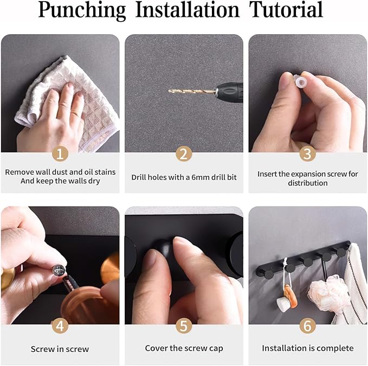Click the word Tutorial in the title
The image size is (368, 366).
click(286, 10)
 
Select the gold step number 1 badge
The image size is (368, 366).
click(60, 154)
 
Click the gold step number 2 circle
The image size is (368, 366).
click(184, 154)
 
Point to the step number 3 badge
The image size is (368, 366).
click(307, 154)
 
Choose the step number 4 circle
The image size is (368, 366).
click(60, 326)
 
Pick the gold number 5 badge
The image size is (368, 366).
click(184, 326)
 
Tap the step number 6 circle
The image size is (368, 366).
click(307, 326)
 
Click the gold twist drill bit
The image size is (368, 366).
click(192, 91)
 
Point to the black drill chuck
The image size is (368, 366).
click(229, 92)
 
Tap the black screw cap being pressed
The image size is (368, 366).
click(163, 249)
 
